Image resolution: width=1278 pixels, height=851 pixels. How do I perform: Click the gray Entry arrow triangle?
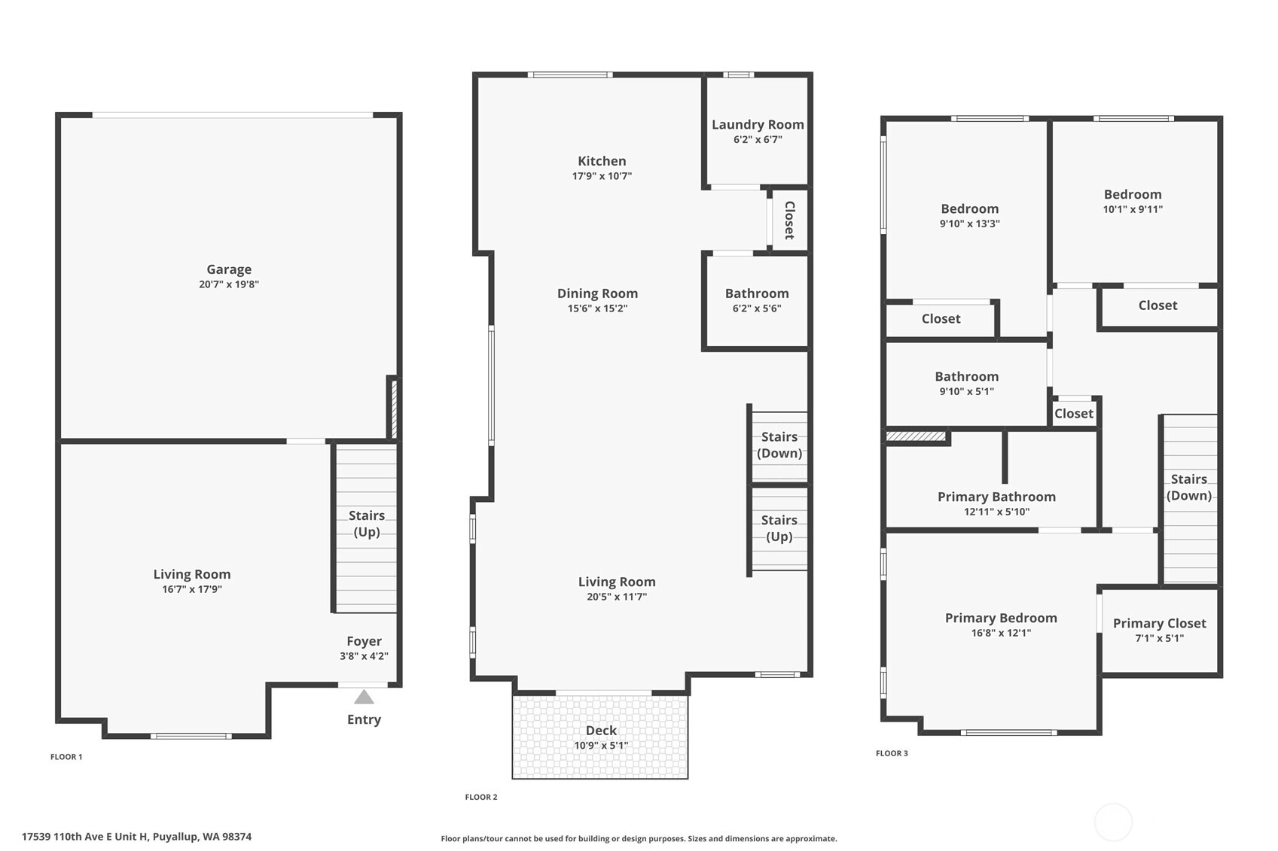pyautogui.click(x=364, y=697)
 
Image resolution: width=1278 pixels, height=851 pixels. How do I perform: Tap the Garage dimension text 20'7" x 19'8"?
pyautogui.click(x=229, y=284)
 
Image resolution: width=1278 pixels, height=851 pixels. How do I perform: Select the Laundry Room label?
pyautogui.click(x=758, y=124)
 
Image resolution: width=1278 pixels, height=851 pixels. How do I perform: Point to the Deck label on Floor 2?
pyautogui.click(x=601, y=730)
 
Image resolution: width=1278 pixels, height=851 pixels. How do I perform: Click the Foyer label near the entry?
pyautogui.click(x=364, y=641)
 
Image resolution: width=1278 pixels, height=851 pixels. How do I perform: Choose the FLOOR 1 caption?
pyautogui.click(x=66, y=757)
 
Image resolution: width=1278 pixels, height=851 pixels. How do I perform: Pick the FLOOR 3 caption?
pyautogui.click(x=892, y=753)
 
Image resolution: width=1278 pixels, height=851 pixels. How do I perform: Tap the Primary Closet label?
pyautogui.click(x=1159, y=624)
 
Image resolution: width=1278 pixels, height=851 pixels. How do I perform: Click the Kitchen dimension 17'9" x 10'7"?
pyautogui.click(x=602, y=176)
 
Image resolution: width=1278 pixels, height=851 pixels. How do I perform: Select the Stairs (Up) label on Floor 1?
pyautogui.click(x=366, y=523)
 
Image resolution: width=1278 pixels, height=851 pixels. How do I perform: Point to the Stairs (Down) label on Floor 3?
pyautogui.click(x=1189, y=488)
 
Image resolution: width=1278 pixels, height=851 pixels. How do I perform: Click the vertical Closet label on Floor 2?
pyautogui.click(x=790, y=220)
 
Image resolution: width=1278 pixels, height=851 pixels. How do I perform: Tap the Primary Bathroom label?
pyautogui.click(x=997, y=497)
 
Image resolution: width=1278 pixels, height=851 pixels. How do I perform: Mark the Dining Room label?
pyautogui.click(x=597, y=293)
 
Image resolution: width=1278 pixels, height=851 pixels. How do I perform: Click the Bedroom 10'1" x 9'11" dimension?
pyautogui.click(x=1133, y=209)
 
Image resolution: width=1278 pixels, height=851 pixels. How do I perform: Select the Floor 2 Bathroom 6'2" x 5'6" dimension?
pyautogui.click(x=757, y=308)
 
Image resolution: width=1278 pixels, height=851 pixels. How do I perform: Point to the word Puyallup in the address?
pyautogui.click(x=175, y=837)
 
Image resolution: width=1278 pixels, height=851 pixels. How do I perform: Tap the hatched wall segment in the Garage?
pyautogui.click(x=394, y=409)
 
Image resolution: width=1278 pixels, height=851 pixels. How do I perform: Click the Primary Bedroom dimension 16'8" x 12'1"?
pyautogui.click(x=1002, y=633)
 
